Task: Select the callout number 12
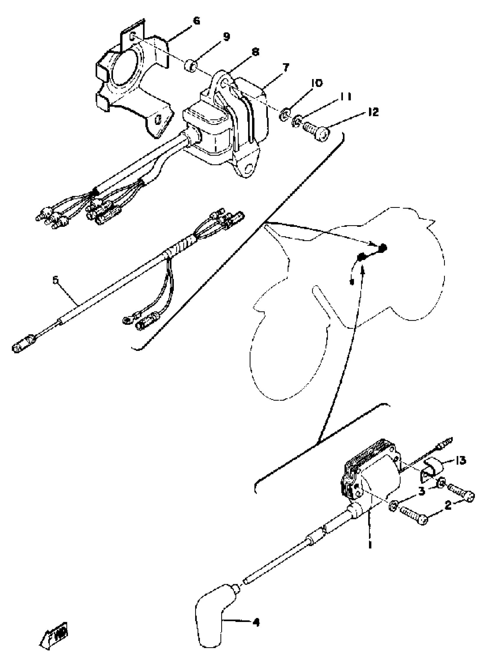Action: pyautogui.click(x=373, y=112)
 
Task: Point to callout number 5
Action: pyautogui.click(x=56, y=280)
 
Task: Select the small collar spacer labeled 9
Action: pyautogui.click(x=190, y=65)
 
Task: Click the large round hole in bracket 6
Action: pyautogui.click(x=124, y=69)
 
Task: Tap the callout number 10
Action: pyautogui.click(x=317, y=83)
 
